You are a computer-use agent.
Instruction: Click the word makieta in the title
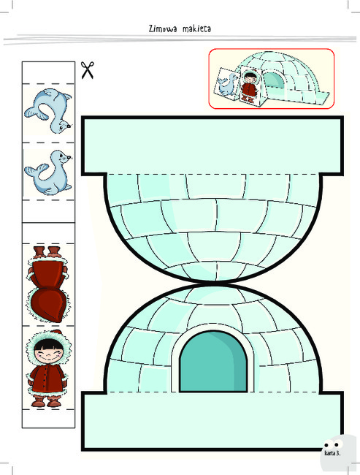click(197, 28)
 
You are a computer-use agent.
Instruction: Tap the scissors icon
click(88, 70)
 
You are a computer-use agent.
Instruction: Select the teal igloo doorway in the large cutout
click(213, 362)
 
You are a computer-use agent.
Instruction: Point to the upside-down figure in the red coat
click(48, 284)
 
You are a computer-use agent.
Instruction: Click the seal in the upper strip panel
click(48, 110)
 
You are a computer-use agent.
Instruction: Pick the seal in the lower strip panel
click(48, 172)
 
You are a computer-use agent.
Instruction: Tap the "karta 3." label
click(332, 453)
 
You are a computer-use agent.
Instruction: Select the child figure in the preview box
click(249, 85)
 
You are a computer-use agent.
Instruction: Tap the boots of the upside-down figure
click(47, 252)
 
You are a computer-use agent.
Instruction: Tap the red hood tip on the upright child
click(57, 332)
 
